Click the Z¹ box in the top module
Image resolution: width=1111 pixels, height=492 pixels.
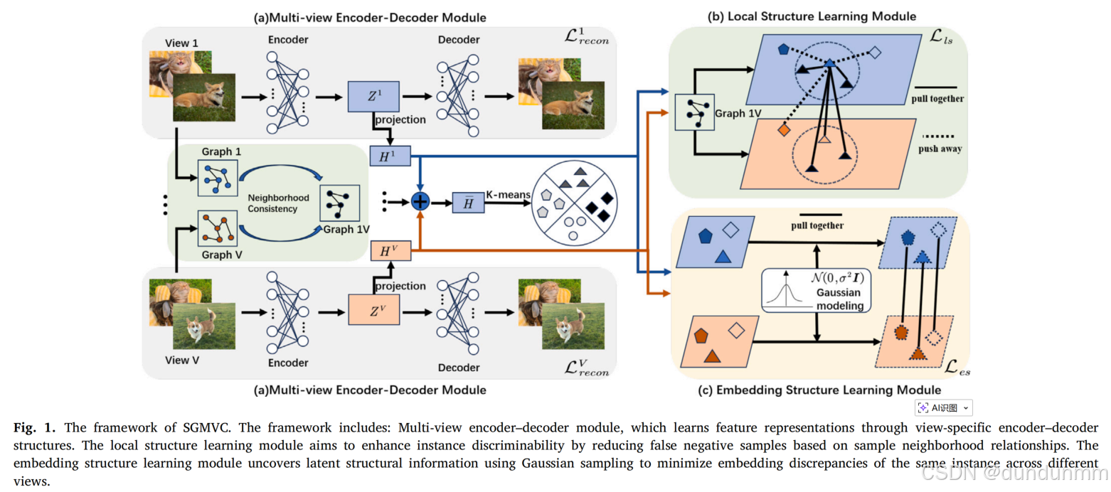click(373, 96)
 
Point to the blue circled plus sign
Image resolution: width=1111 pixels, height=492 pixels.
click(421, 202)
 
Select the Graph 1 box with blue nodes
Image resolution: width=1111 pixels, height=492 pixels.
click(215, 178)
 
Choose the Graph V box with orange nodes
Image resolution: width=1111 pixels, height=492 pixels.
click(215, 227)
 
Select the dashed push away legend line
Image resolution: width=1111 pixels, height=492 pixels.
click(937, 137)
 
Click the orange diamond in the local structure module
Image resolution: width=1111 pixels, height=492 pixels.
click(783, 131)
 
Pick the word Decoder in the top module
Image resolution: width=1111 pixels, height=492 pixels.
click(459, 40)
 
